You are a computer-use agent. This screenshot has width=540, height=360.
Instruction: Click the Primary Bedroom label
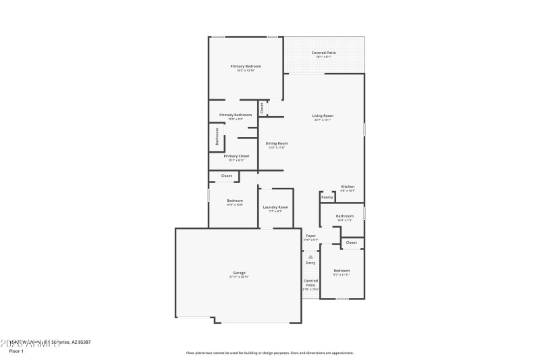click(246, 66)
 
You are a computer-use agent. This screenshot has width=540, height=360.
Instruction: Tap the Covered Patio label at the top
click(323, 53)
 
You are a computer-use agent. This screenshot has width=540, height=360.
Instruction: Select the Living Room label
click(323, 115)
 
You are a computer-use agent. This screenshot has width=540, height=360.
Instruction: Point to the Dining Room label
click(277, 143)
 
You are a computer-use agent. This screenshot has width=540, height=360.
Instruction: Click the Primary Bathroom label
click(236, 115)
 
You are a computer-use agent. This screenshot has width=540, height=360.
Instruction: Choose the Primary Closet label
click(236, 156)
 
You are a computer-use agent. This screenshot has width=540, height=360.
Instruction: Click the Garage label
click(239, 273)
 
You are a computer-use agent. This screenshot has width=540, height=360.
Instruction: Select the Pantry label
click(327, 197)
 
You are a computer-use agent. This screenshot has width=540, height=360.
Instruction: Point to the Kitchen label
click(348, 186)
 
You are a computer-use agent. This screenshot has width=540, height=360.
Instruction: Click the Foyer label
click(310, 236)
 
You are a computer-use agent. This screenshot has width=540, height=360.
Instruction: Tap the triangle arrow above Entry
click(310, 257)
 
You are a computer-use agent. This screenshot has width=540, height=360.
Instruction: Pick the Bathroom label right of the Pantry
click(345, 215)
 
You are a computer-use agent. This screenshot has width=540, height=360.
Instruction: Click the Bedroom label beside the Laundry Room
click(235, 201)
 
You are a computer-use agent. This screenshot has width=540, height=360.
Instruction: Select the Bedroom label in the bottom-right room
click(342, 271)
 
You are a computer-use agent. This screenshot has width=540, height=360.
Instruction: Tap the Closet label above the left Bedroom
click(227, 176)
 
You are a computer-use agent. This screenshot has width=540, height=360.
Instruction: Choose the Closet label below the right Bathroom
click(352, 242)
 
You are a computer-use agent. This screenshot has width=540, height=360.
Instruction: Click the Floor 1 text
click(16, 351)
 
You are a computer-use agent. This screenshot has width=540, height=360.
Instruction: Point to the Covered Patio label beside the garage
click(310, 282)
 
